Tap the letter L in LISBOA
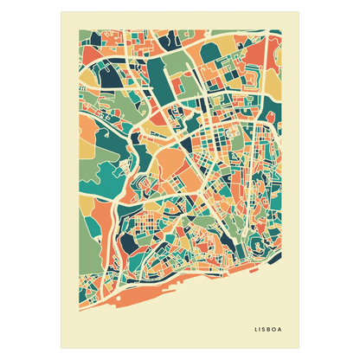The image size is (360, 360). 257,328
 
